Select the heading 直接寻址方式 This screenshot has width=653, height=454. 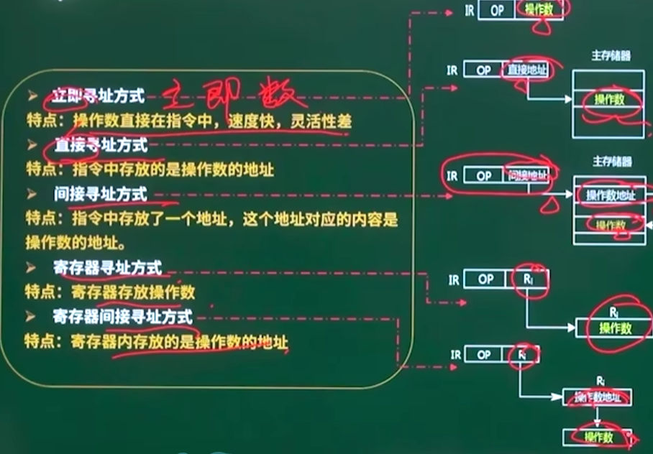100,145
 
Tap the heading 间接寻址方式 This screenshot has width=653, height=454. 100,194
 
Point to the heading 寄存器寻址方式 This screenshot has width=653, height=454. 107,269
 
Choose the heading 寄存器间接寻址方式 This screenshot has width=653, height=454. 123,316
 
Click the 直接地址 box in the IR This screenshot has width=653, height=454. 527,70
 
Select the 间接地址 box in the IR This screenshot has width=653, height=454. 528,175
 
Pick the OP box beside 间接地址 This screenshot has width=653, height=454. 484,175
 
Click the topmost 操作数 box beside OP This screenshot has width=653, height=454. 539,11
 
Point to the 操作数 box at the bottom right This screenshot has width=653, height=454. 598,436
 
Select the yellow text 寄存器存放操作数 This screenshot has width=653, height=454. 132,292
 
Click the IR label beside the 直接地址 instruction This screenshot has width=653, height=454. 452,70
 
